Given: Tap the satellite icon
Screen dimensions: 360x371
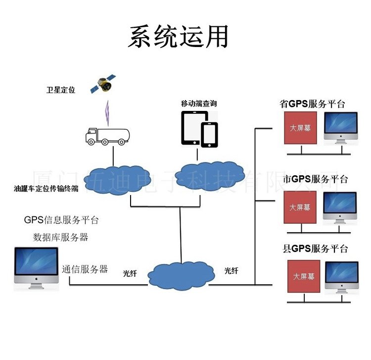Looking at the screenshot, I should click(103, 85).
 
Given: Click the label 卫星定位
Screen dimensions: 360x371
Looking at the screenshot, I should click(61, 91).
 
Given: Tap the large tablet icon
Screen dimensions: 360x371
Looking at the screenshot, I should click(193, 128).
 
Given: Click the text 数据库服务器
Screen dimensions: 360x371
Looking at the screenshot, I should click(60, 237).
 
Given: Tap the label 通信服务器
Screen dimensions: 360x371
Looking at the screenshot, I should click(85, 269).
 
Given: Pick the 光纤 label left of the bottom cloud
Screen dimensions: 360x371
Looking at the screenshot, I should click(130, 273).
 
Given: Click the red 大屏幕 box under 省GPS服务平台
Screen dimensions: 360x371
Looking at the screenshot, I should click(300, 128).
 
